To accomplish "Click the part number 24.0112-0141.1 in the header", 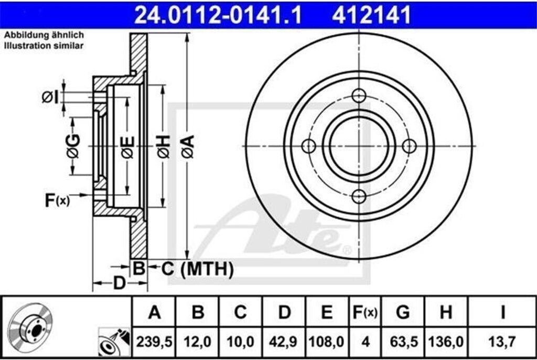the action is [218, 15].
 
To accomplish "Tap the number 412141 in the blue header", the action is [371, 15].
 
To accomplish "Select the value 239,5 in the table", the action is [154, 342].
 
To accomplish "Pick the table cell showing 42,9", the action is [283, 342].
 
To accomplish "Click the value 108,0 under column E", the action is [326, 342].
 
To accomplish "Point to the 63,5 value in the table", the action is [404, 342].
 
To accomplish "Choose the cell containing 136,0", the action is [446, 342].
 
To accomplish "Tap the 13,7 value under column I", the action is [502, 342].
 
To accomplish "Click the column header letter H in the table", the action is [446, 312].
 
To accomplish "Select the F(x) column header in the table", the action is [365, 312].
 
